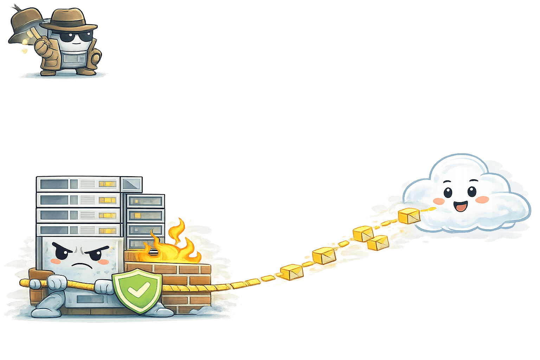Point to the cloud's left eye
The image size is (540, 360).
click(448, 192)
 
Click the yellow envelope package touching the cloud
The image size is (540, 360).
click(409, 216)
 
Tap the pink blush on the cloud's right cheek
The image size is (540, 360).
click(482, 200)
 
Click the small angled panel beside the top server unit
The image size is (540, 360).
click(131, 184)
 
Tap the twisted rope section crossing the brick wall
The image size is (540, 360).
click(186, 288)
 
